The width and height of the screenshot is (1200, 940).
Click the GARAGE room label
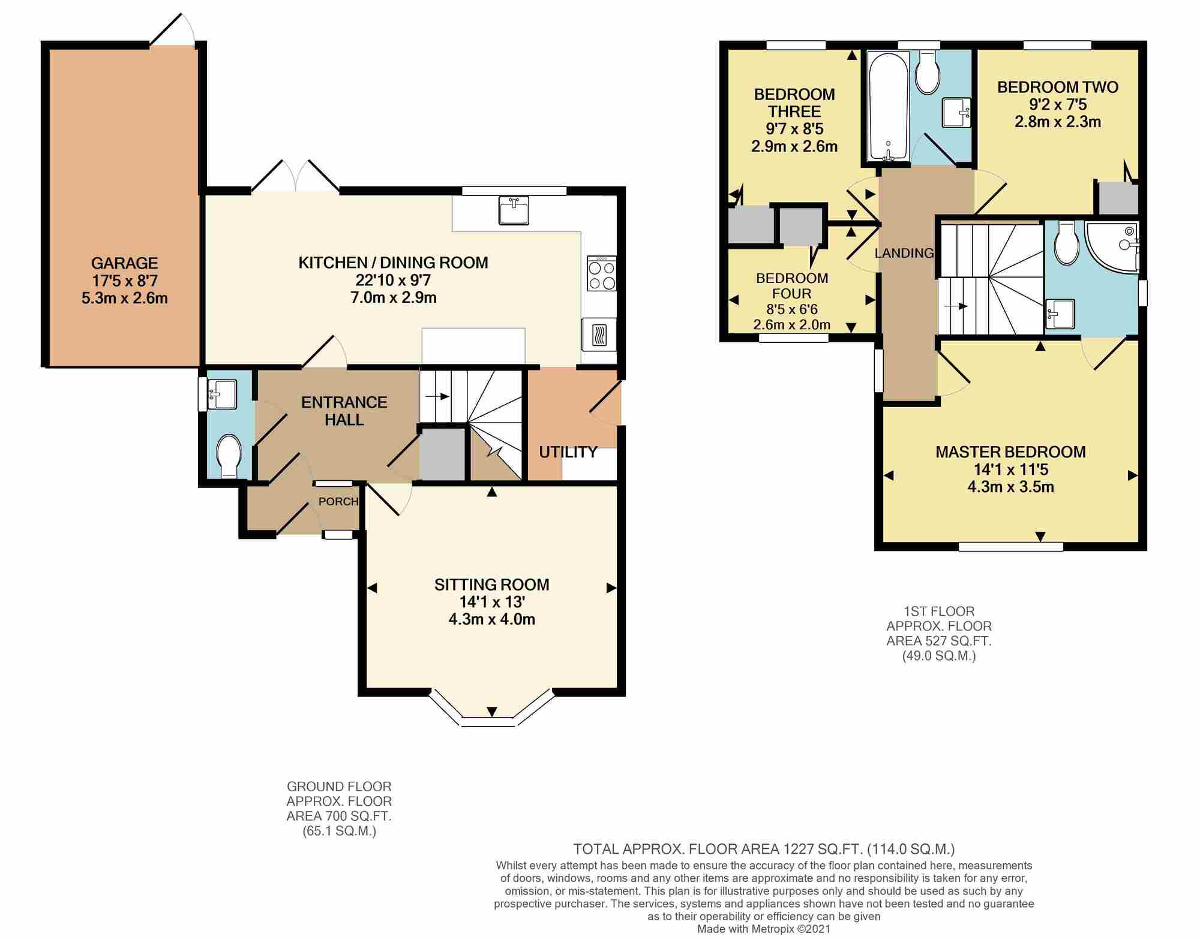coord(124,263)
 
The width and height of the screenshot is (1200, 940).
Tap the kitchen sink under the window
coord(514,211)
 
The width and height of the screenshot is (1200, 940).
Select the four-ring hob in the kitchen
coord(602,274)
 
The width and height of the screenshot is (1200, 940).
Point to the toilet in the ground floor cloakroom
coord(229,456)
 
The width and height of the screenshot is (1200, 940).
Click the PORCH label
coord(338,501)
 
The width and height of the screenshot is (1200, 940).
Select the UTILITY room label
coord(568,452)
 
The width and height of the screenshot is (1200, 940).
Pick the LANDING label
coord(904,253)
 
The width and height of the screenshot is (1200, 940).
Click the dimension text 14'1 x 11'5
coord(1010,469)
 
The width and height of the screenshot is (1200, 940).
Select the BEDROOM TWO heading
coord(1058,88)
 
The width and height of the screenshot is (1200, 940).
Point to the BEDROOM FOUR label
coord(792,285)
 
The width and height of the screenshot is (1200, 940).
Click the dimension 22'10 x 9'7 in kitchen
coord(393,280)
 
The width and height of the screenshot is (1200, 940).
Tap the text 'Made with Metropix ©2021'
coord(763,929)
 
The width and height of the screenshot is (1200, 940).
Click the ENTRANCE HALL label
coord(344,411)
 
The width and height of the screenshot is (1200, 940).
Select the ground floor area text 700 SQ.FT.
coord(339,816)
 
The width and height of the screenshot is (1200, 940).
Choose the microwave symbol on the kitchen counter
coord(599,335)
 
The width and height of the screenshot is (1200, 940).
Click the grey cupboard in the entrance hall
coord(442,454)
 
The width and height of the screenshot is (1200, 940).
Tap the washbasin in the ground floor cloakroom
coord(222,392)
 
